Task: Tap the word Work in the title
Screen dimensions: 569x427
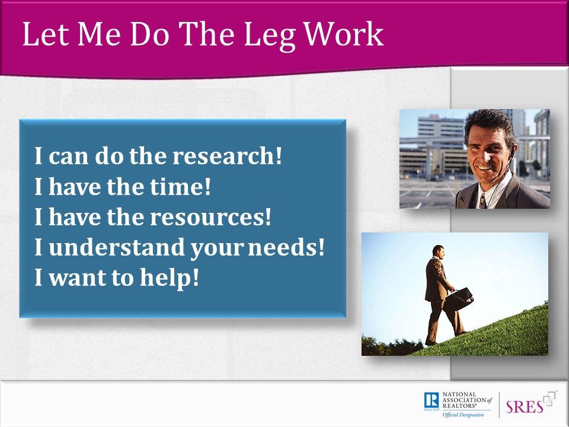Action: [343, 34]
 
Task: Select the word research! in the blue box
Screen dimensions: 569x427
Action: [227, 156]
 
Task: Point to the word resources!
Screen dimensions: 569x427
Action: [210, 217]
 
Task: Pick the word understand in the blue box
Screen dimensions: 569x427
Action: [117, 247]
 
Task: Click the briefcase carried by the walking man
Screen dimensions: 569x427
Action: [459, 299]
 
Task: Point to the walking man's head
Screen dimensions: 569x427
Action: [439, 251]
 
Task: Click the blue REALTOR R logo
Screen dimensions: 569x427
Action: [431, 400]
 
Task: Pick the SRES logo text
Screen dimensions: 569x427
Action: [525, 407]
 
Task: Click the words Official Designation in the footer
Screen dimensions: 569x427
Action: [463, 415]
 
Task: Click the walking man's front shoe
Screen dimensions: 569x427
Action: [462, 333]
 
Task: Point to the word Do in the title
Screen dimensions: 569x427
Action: [149, 34]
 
